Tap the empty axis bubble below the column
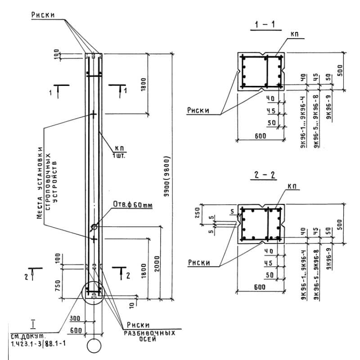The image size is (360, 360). click(x=94, y=346)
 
